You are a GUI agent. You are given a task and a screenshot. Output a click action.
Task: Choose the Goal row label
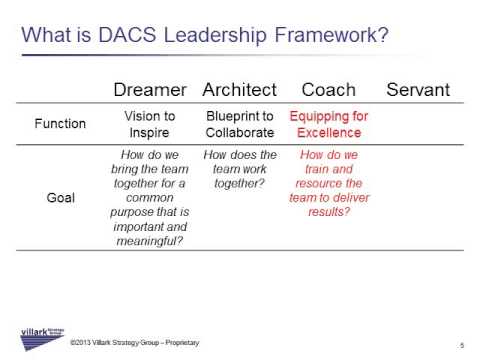tap(60, 198)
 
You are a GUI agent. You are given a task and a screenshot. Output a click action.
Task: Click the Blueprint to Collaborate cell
tap(240, 124)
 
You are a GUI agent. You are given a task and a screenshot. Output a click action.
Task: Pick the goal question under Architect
tap(240, 169)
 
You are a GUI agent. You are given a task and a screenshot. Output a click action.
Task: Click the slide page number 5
tap(461, 344)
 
